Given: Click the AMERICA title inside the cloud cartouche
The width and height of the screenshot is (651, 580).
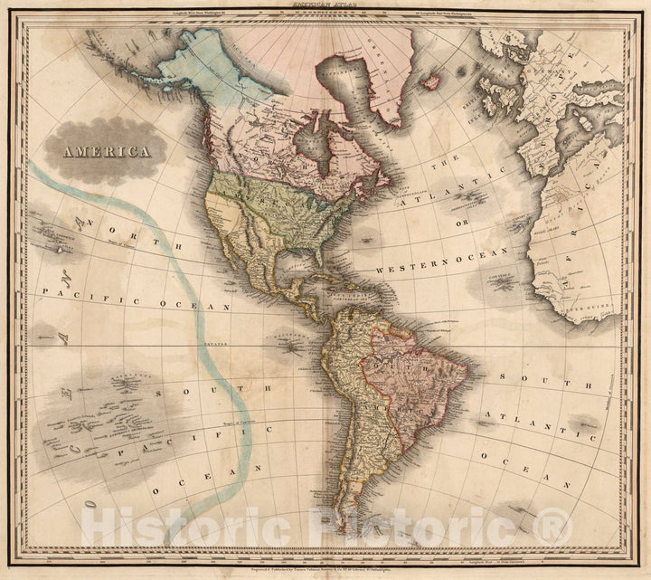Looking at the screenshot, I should pos(107,151).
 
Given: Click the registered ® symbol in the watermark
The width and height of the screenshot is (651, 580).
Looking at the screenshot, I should pos(554,526).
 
